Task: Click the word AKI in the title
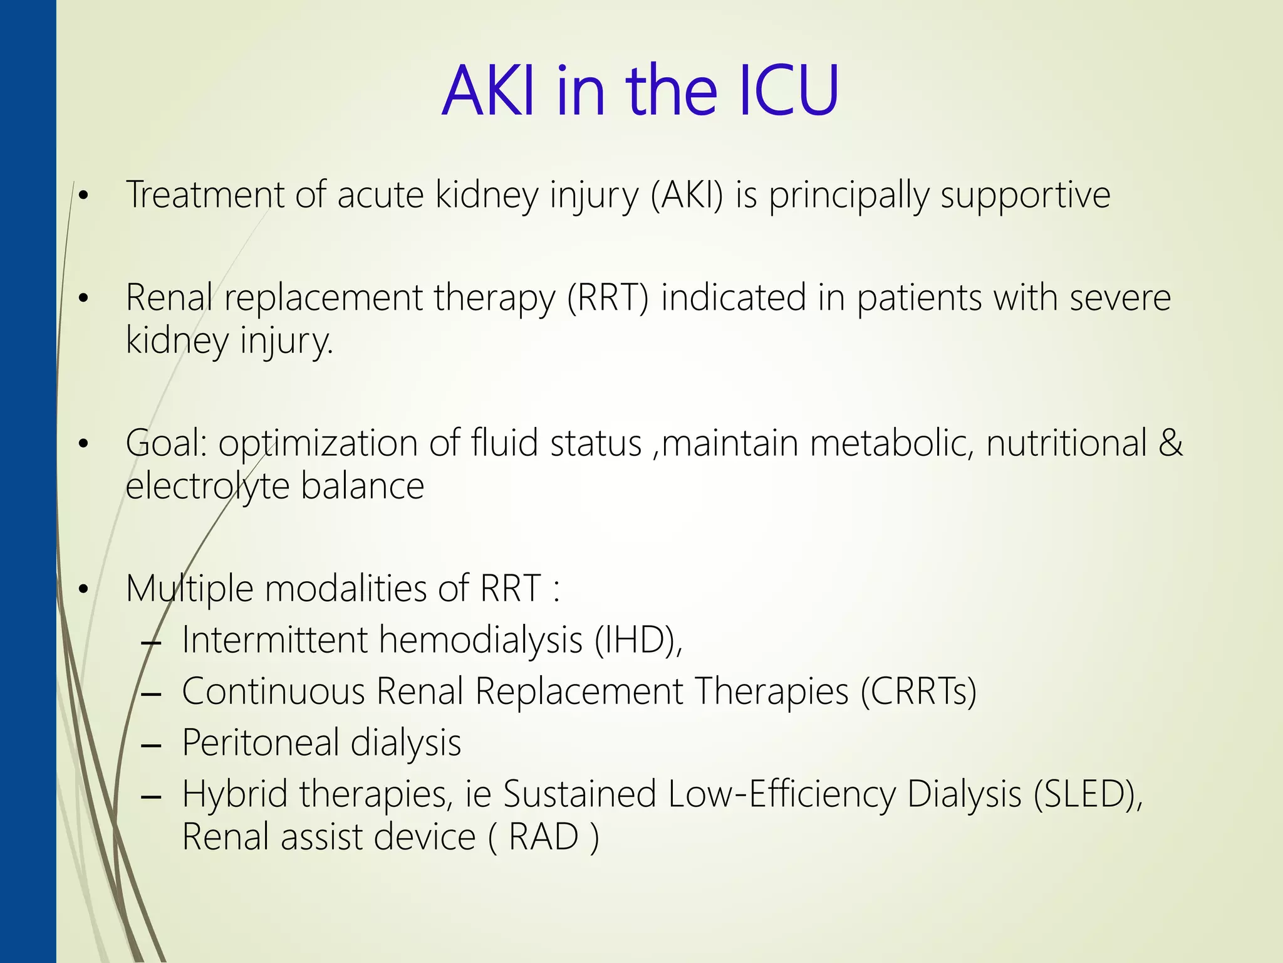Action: [x=489, y=91]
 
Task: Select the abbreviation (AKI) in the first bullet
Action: [x=687, y=196]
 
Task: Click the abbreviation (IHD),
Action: [x=638, y=640]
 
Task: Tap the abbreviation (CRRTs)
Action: [x=918, y=692]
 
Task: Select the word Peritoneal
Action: [x=260, y=743]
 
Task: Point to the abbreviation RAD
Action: [x=543, y=837]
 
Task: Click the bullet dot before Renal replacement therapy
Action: [x=83, y=299]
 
